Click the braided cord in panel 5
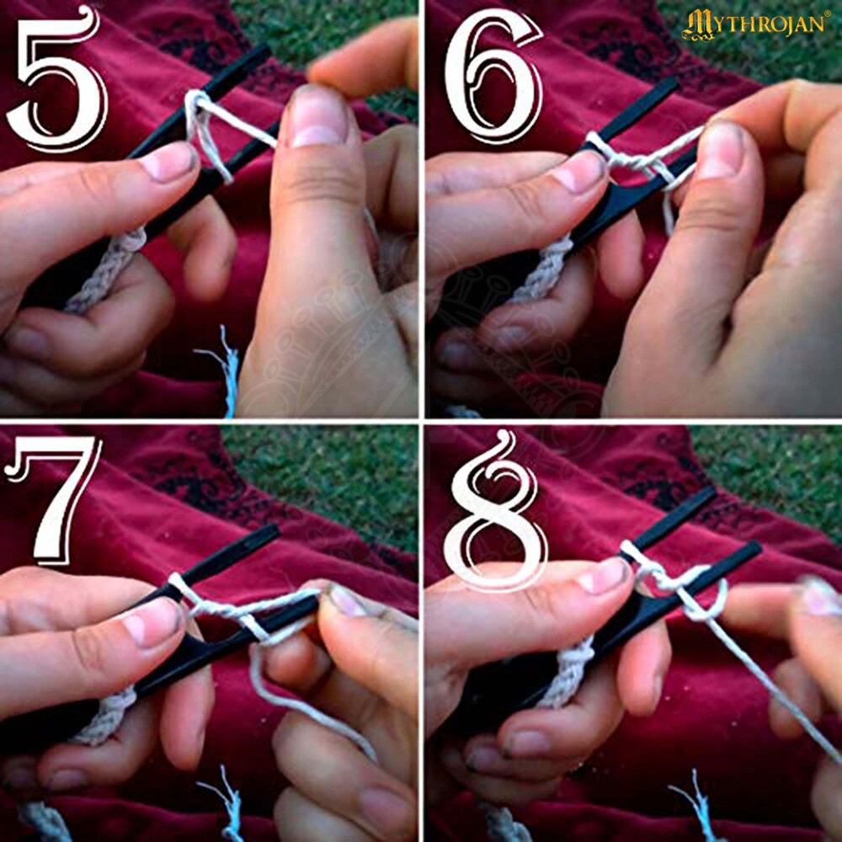(108, 269)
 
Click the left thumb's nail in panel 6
(580, 171)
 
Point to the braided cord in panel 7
(108, 717)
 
